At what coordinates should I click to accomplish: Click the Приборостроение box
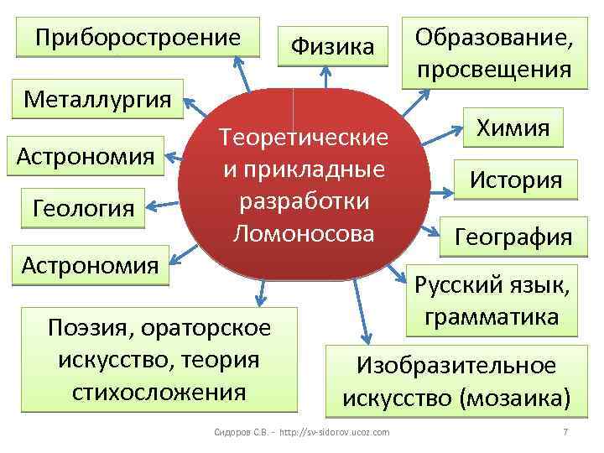coord(138,39)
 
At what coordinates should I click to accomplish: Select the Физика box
coord(332,45)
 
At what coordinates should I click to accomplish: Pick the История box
coord(516,179)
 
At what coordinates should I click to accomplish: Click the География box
coord(513,237)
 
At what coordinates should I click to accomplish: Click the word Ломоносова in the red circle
coord(304,233)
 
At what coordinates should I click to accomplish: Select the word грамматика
coord(492,317)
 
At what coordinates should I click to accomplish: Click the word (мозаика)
coord(513,395)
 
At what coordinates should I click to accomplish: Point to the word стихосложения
coord(159,391)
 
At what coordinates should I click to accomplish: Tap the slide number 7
coord(565,431)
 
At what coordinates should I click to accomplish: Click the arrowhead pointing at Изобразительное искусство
coord(370,331)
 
